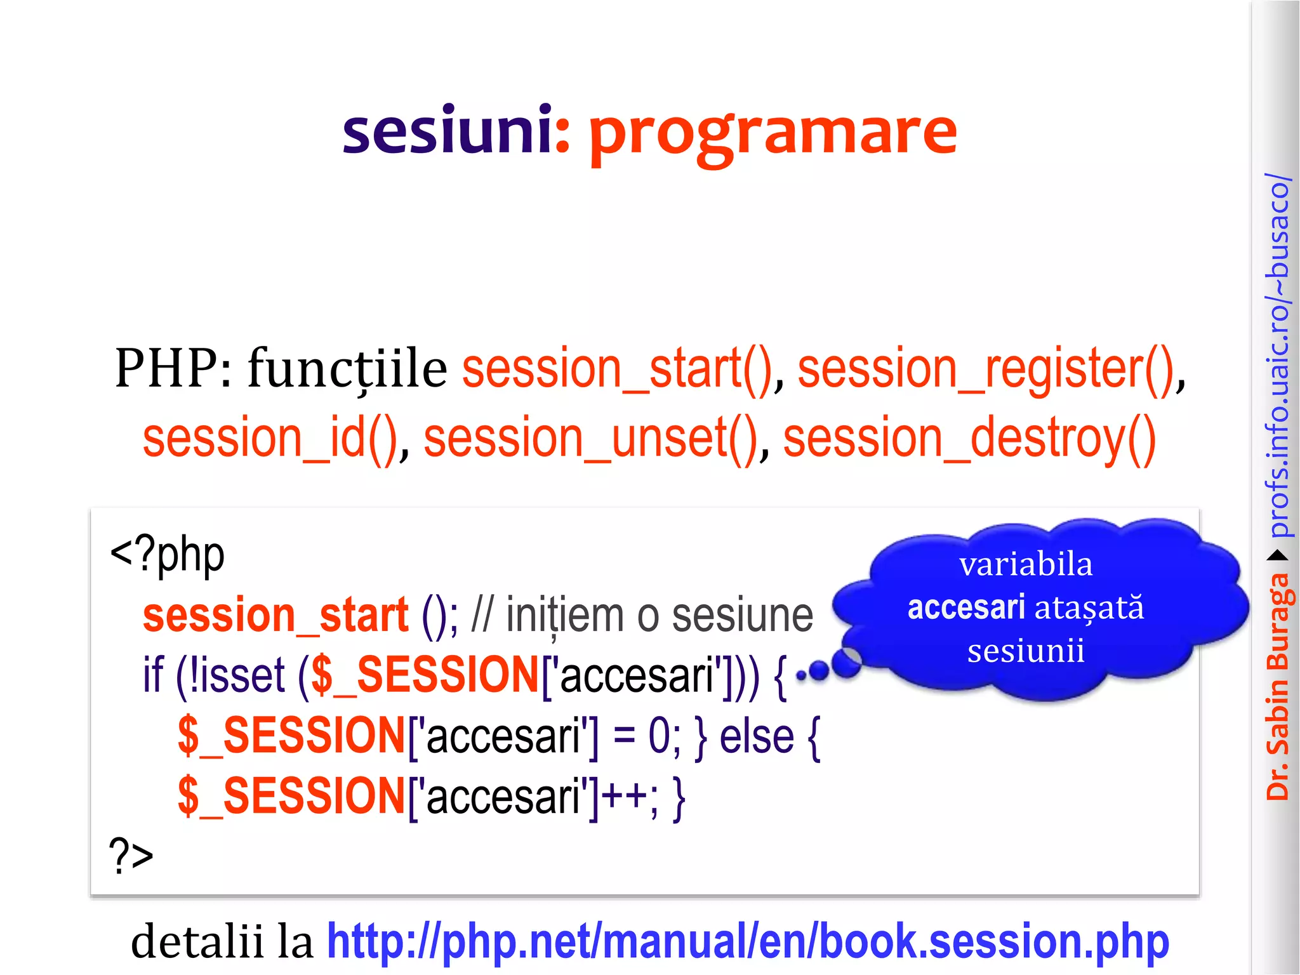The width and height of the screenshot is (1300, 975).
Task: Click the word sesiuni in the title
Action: [447, 131]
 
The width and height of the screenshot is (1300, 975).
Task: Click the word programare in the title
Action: [772, 135]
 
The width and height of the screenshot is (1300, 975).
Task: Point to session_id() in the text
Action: [270, 439]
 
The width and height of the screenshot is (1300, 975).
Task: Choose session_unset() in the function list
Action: [591, 439]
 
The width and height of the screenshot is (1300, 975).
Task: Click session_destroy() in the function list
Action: [969, 439]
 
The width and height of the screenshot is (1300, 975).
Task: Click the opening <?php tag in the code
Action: [167, 554]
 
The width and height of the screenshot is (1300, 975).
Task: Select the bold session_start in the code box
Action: [275, 616]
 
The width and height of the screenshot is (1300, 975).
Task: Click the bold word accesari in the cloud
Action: [966, 607]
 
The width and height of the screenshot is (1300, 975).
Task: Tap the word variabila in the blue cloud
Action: [1026, 565]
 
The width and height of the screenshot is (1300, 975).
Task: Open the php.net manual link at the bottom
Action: [747, 942]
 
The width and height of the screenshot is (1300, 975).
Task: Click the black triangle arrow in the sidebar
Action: [1278, 556]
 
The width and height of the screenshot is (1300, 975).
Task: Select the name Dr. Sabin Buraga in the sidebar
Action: [1278, 686]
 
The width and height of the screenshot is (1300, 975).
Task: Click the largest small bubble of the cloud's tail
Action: [846, 662]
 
